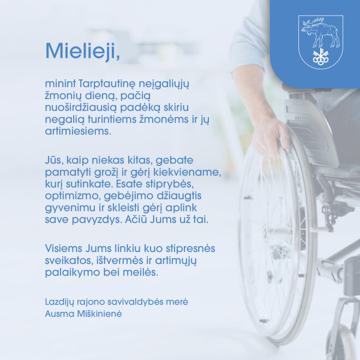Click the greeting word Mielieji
click(83, 51)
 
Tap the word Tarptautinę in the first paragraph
click(106, 84)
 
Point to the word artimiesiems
click(78, 131)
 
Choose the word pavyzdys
click(97, 220)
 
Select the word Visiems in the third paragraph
click(63, 248)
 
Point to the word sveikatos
click(70, 261)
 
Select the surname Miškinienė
click(99, 314)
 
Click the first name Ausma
click(59, 314)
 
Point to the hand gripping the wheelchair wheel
click(271, 135)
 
